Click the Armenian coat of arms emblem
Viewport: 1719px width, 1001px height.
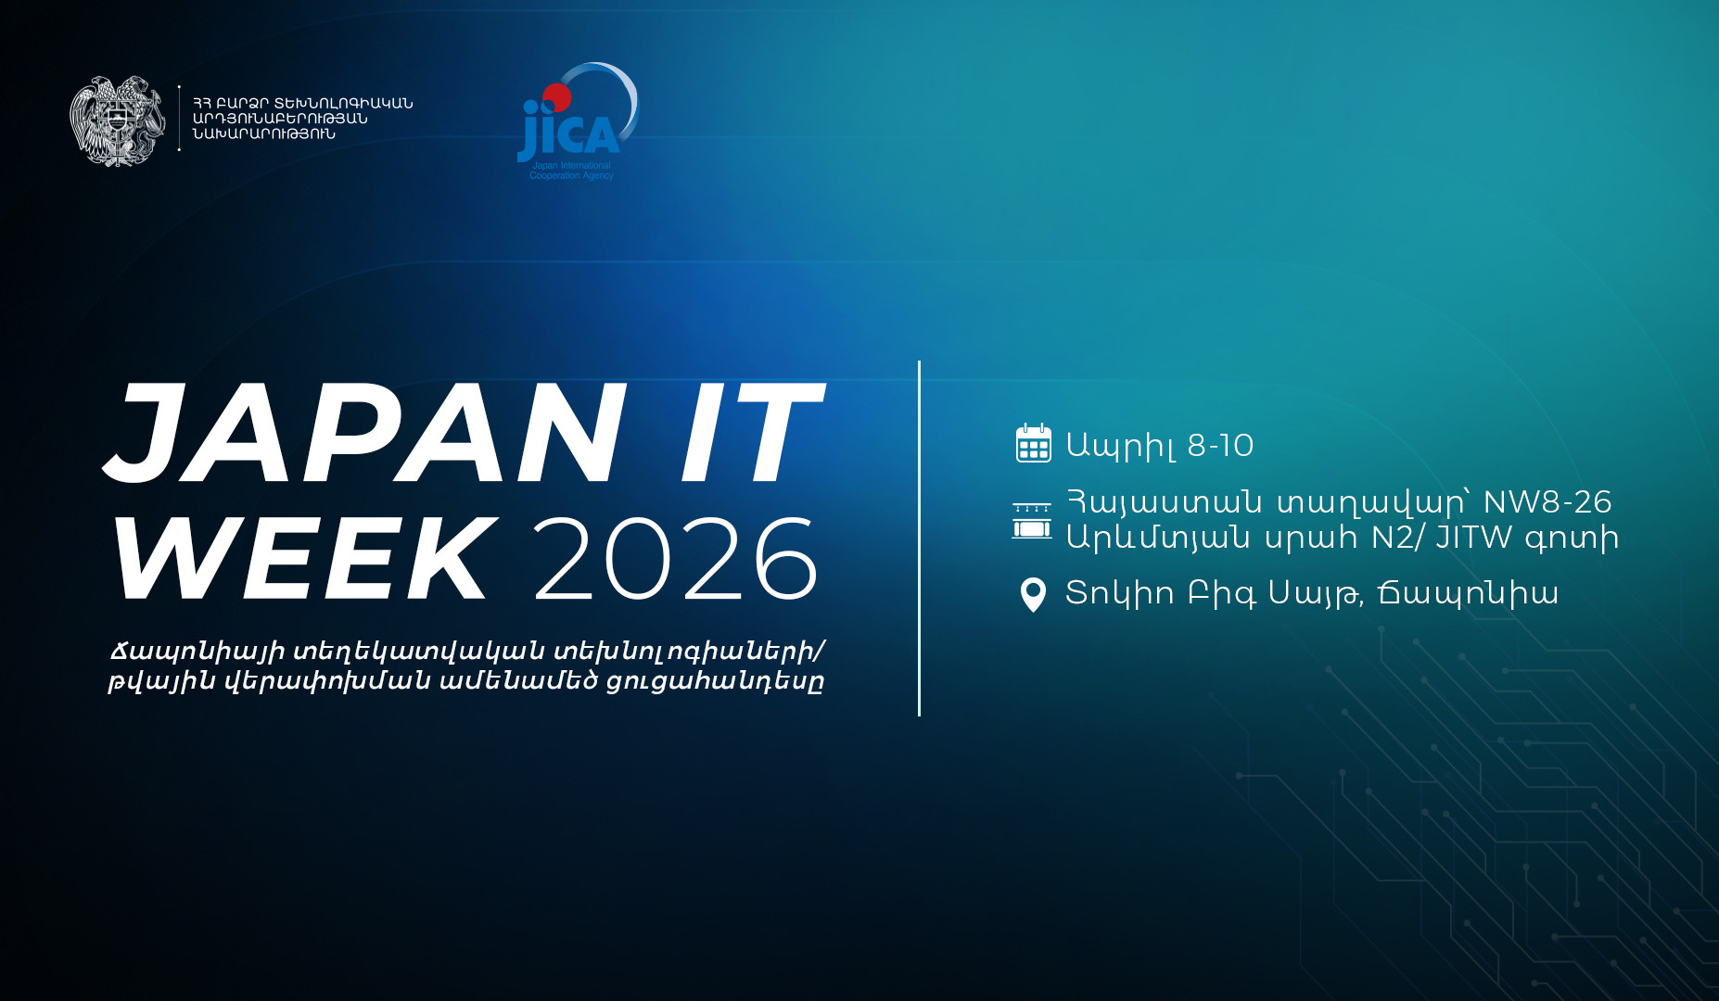pos(117,120)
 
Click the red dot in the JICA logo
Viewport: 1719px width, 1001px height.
pos(556,96)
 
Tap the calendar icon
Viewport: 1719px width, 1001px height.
pos(1033,443)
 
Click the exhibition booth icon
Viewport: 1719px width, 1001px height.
pos(1032,521)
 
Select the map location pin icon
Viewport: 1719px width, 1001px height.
pos(1033,594)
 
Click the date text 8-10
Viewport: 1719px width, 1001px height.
pos(1220,446)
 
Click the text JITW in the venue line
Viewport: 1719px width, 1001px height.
pos(1473,538)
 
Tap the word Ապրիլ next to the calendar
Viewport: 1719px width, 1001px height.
pos(1121,446)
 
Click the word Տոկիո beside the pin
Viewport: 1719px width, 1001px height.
pos(1119,593)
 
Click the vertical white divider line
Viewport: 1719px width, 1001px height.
pos(919,538)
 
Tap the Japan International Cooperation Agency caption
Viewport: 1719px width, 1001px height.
pos(571,171)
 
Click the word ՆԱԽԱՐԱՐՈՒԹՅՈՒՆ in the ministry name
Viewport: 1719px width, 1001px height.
pos(264,134)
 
